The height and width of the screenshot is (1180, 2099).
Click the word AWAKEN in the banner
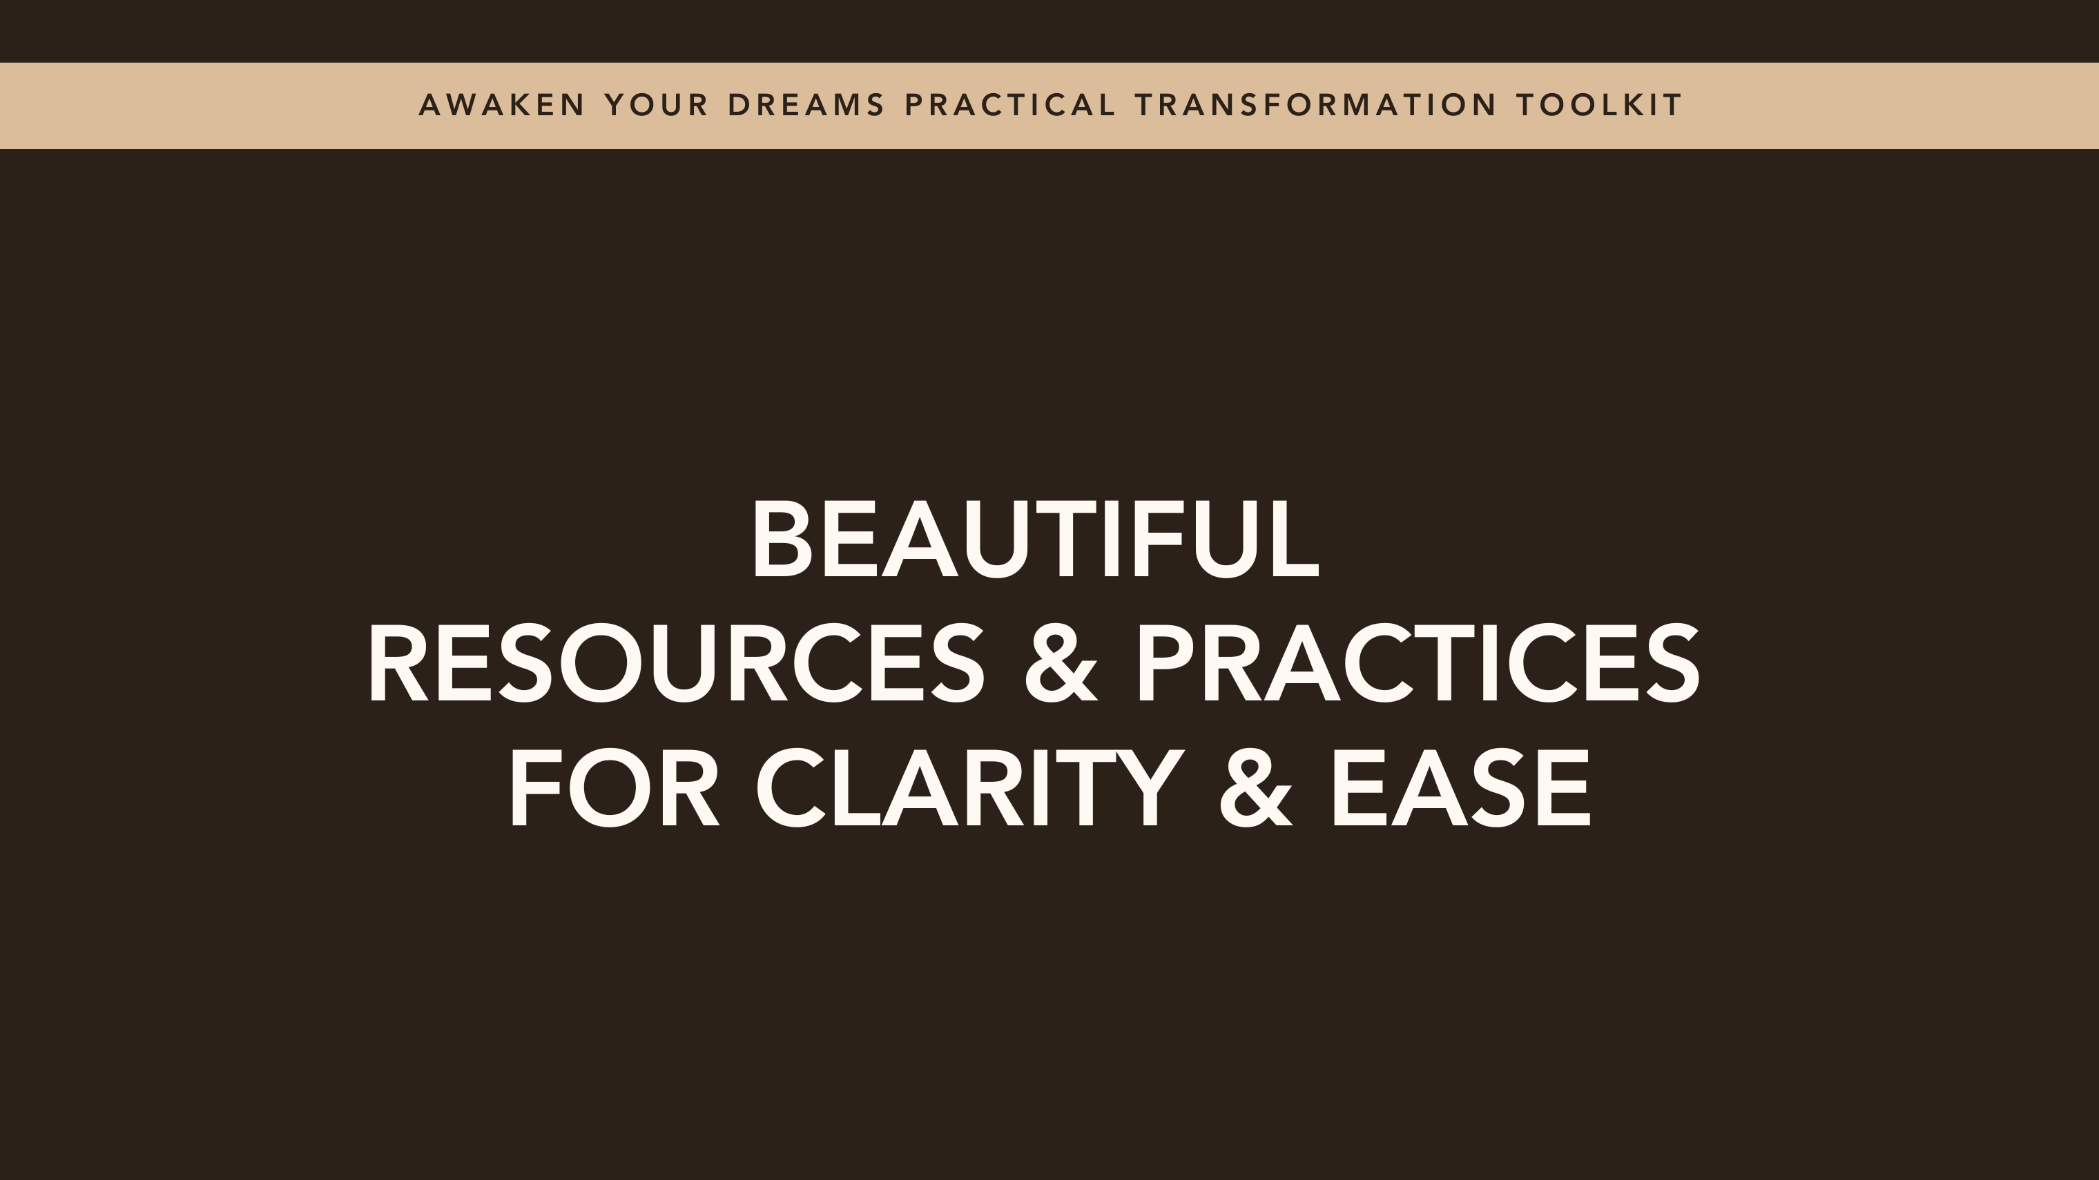502,105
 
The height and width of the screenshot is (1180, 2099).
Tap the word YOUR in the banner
657,105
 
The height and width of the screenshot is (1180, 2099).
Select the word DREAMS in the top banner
806,105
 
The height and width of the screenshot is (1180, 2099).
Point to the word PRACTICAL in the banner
1009,105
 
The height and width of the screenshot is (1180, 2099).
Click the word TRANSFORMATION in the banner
1316,105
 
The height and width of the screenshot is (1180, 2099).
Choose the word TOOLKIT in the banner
1598,105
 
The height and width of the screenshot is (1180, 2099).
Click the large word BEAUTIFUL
1035,539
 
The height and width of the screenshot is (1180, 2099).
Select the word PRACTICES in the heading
1418,663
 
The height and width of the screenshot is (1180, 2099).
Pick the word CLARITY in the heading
969,788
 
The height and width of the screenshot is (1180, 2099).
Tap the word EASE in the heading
1461,788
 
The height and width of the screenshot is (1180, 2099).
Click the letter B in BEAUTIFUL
782,539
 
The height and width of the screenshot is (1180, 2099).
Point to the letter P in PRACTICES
1166,663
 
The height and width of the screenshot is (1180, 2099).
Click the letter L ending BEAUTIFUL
1294,539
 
